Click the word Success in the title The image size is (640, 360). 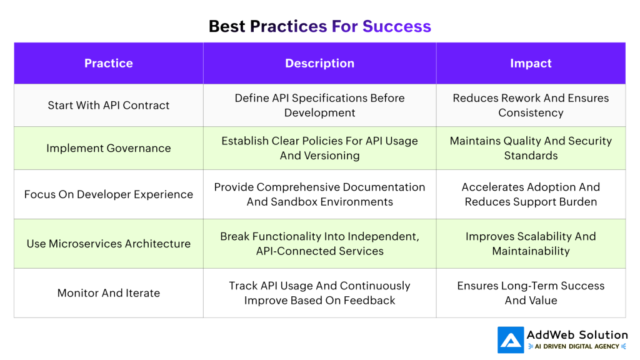(396, 26)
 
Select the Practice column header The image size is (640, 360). (109, 63)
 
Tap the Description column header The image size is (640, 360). (319, 63)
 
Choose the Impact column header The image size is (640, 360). (531, 63)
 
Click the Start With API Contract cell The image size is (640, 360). (109, 105)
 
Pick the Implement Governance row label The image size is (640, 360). (109, 148)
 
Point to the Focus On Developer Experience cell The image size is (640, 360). (109, 194)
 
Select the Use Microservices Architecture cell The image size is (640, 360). (109, 244)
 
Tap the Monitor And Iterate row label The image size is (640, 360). (109, 292)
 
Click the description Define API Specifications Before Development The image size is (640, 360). (319, 105)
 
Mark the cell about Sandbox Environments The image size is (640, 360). (319, 194)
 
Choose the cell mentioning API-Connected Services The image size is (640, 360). (319, 244)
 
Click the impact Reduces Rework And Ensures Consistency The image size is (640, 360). (531, 105)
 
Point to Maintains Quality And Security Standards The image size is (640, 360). (531, 148)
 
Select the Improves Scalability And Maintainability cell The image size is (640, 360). (531, 244)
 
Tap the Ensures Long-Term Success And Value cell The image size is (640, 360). (531, 292)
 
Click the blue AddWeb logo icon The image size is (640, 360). (511, 340)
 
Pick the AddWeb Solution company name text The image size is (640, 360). (577, 335)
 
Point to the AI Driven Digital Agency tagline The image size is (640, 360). (577, 346)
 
